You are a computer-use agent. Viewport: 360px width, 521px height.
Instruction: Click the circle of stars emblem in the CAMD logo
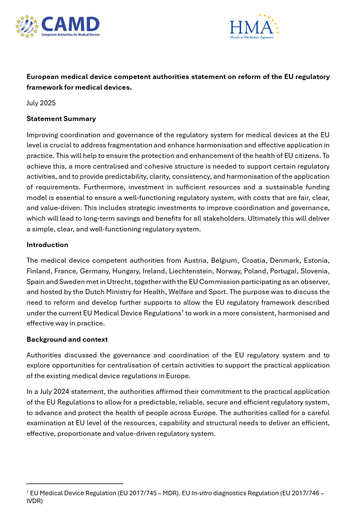tap(27, 26)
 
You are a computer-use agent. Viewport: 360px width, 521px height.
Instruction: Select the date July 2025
tap(41, 103)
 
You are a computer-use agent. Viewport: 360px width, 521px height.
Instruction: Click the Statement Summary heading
tap(61, 119)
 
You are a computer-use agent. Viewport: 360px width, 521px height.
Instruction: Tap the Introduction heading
tap(47, 245)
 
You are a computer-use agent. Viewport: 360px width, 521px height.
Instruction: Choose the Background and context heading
tap(67, 339)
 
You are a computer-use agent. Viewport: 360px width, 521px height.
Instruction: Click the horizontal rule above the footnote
tap(74, 483)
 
